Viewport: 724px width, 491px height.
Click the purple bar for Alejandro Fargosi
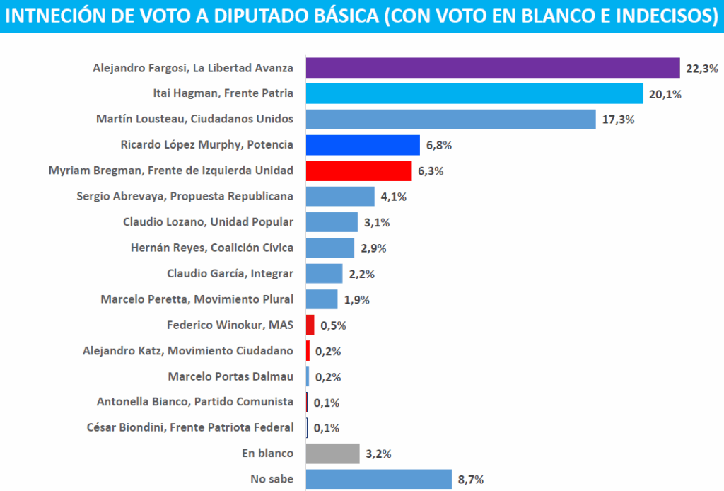coord(492,68)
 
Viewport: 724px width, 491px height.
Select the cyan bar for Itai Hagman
coord(474,93)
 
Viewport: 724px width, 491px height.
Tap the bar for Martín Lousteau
coord(450,119)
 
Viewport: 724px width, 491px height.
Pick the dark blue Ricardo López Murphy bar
coord(363,145)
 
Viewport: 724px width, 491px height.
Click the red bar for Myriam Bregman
coord(358,171)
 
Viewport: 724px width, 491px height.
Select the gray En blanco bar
coord(332,454)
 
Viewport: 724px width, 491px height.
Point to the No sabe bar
coord(378,479)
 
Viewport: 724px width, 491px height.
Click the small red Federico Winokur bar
coord(310,325)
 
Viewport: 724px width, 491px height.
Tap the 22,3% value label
coord(701,69)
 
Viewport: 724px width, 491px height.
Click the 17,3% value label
coord(618,120)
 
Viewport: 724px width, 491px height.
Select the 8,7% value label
coord(471,480)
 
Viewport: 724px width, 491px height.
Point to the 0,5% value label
coord(334,326)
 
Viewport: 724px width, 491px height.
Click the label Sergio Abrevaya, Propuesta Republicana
coord(185,196)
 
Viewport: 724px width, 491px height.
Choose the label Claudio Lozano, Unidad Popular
coord(208,222)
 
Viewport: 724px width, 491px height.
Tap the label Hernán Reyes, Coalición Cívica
coord(212,248)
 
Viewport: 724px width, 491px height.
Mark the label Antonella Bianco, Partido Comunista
coord(194,402)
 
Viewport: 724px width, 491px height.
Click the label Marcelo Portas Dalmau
coord(230,376)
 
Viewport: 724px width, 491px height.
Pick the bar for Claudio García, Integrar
coord(324,274)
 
